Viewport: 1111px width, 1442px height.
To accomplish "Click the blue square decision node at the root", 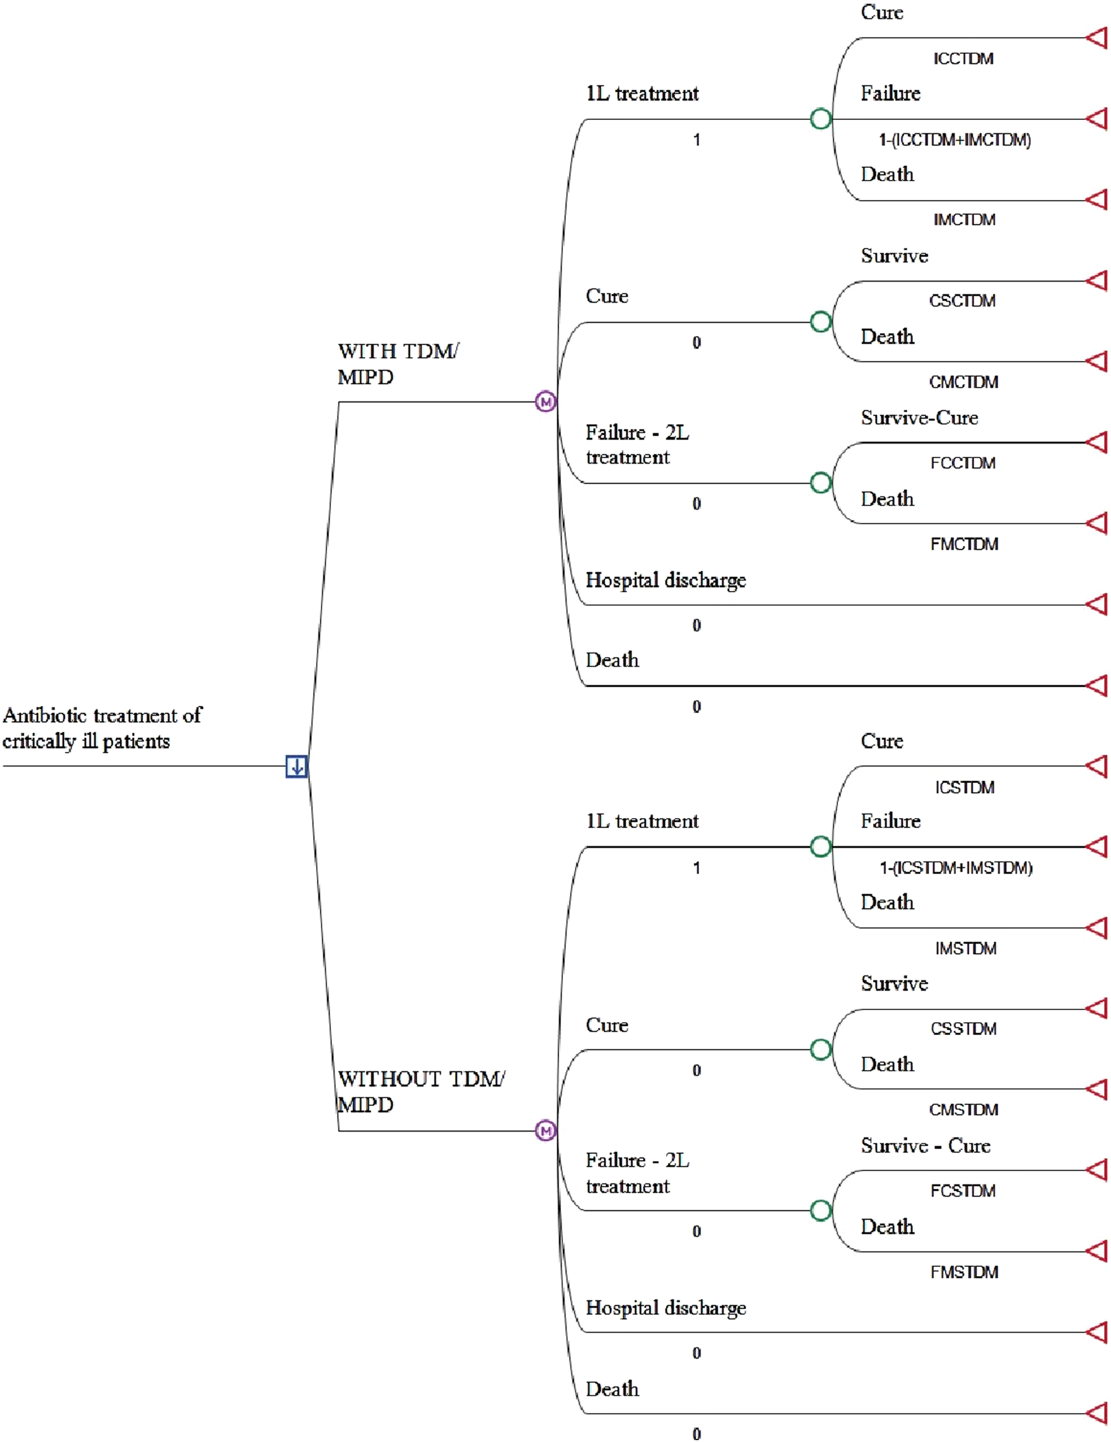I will [x=296, y=766].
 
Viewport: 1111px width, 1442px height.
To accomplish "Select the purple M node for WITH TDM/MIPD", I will [x=545, y=401].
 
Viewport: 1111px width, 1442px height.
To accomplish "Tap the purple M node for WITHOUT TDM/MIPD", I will [x=545, y=1131].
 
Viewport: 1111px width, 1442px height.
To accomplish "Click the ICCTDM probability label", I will [x=962, y=58].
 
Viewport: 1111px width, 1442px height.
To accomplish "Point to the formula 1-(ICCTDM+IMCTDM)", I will [x=955, y=140].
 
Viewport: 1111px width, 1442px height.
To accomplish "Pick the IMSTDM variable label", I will [x=965, y=948].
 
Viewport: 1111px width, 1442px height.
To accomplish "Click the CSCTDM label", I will [x=962, y=301].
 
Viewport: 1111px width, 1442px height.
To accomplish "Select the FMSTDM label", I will [x=964, y=1272].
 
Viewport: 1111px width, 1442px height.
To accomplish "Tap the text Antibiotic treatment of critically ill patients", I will [x=102, y=728].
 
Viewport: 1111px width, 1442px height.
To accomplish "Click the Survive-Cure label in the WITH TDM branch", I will [x=919, y=417].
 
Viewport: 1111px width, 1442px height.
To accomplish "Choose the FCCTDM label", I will [x=962, y=463].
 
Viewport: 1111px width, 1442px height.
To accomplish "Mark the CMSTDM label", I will [x=964, y=1109].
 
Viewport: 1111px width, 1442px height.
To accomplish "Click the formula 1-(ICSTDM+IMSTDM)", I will [x=956, y=868].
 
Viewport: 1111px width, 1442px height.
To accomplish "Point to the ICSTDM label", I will [x=964, y=787].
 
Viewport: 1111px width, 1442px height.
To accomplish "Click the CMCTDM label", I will [x=964, y=382].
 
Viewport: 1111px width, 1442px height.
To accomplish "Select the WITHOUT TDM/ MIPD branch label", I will [x=420, y=1091].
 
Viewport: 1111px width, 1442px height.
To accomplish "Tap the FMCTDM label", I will [x=964, y=544].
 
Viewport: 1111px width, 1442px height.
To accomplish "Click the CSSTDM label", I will [x=963, y=1029].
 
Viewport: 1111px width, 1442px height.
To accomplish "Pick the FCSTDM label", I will [x=962, y=1191].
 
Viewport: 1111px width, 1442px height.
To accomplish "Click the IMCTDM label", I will [x=964, y=219].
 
